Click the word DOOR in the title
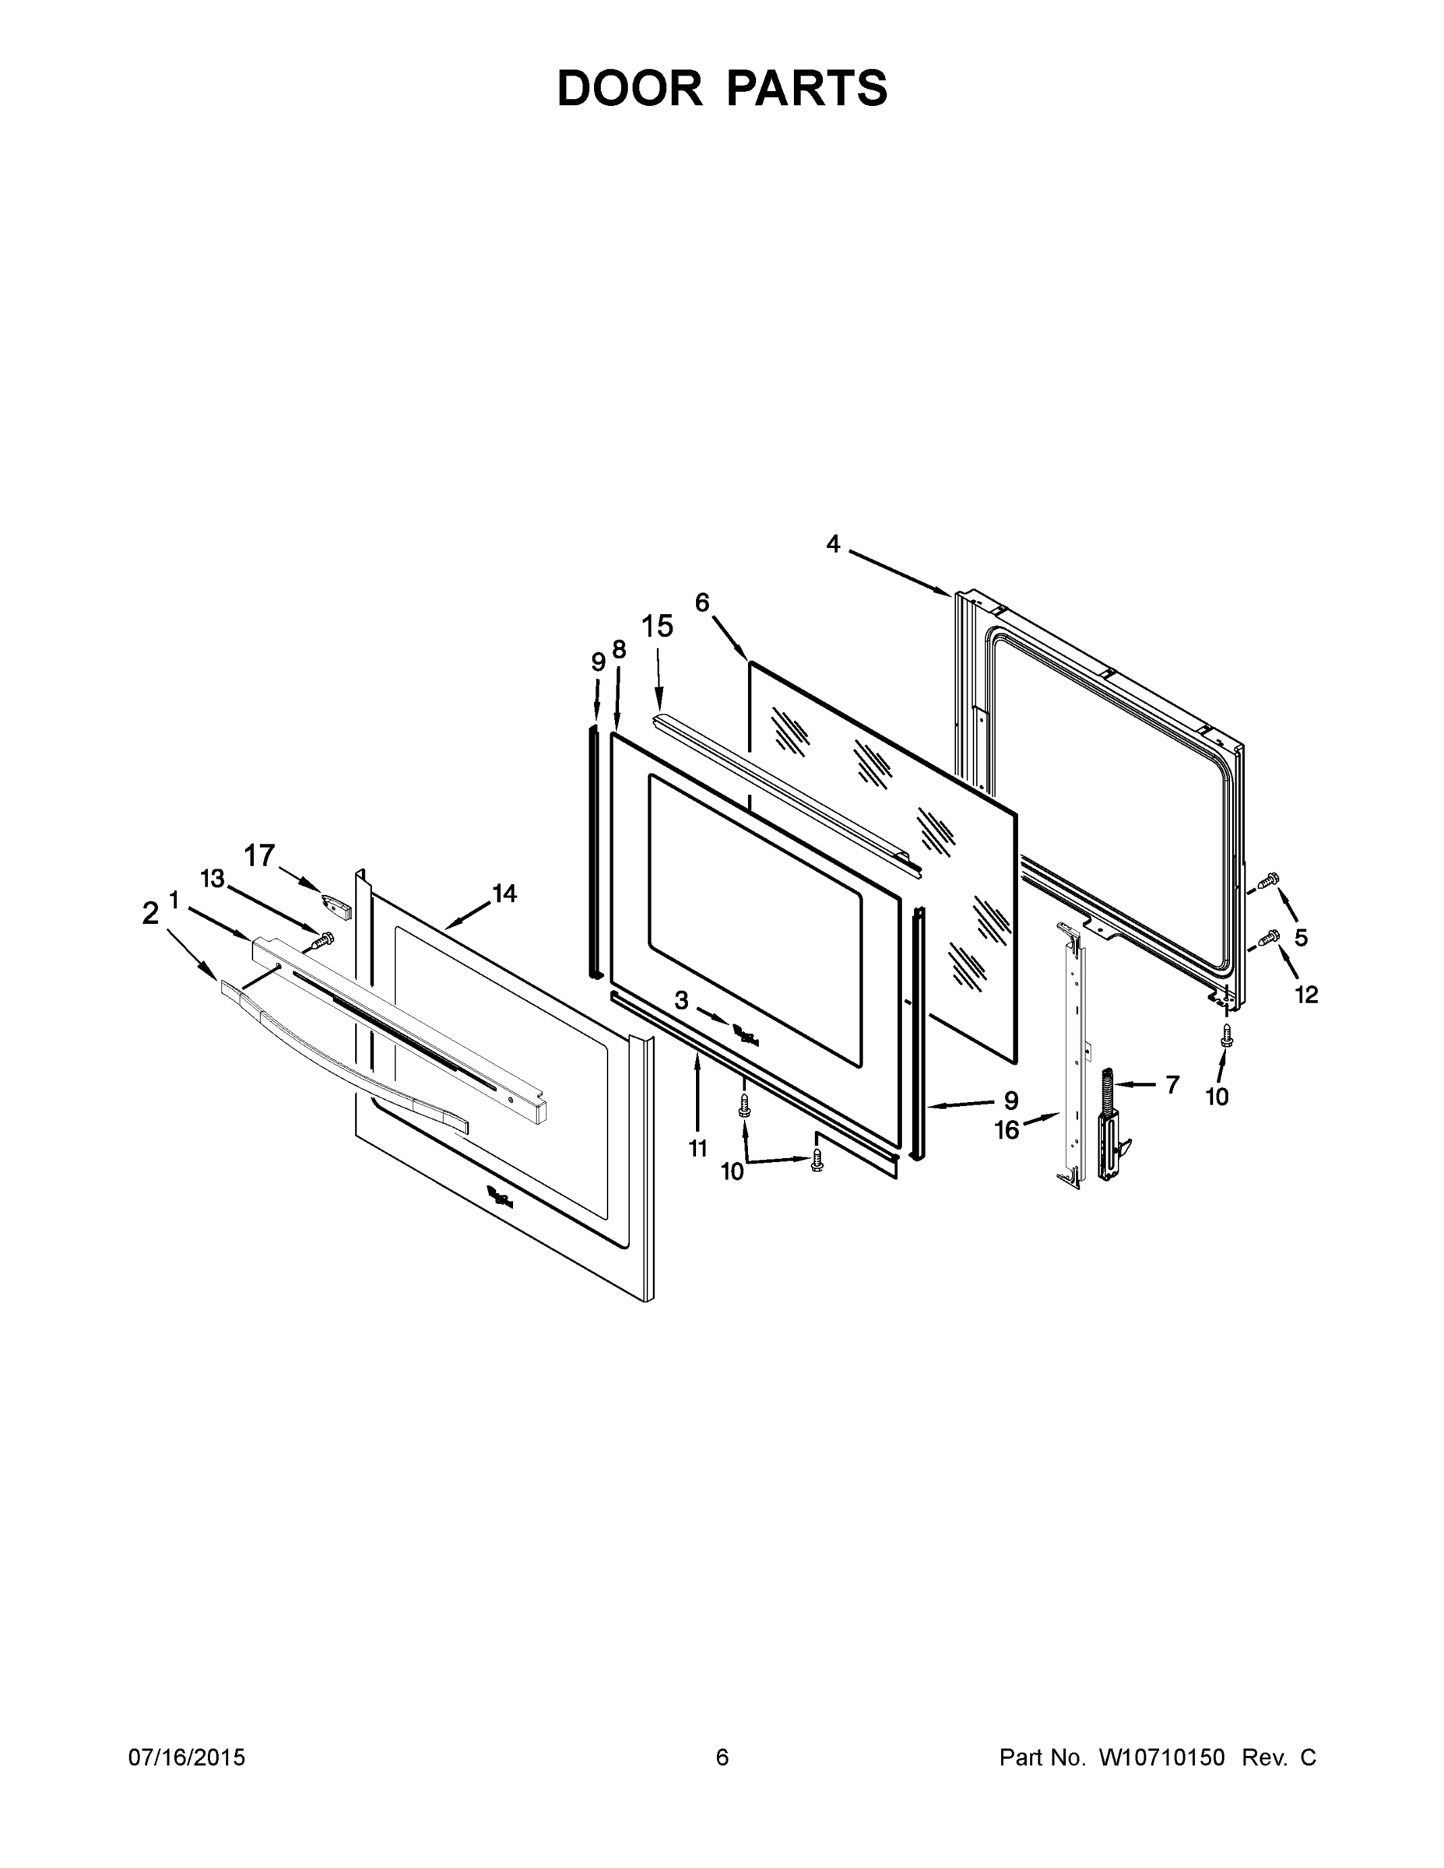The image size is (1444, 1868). click(630, 88)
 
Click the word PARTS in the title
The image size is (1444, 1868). click(806, 88)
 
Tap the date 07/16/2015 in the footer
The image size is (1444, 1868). click(187, 1757)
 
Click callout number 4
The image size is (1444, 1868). click(832, 544)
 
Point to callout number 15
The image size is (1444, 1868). click(657, 627)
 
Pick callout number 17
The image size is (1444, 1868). click(260, 855)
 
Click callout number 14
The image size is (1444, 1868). click(504, 893)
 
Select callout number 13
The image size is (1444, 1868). click(213, 879)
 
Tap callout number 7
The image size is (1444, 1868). click(1172, 1084)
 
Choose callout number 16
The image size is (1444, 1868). click(1007, 1130)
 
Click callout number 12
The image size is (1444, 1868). click(1306, 994)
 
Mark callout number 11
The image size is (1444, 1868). click(698, 1148)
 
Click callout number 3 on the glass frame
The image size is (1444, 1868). click(681, 1000)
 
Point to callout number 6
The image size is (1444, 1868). click(701, 603)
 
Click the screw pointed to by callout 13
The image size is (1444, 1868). click(321, 940)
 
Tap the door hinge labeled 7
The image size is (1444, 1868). click(1108, 1127)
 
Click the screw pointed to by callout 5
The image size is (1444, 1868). click(1269, 879)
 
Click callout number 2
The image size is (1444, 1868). click(150, 914)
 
